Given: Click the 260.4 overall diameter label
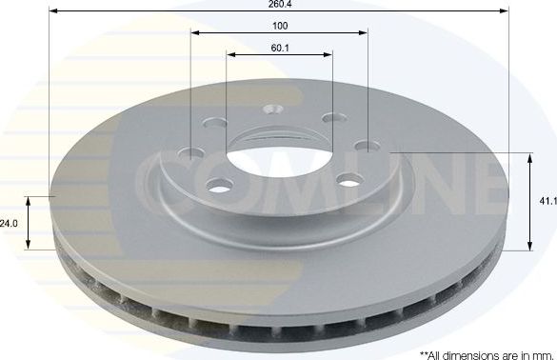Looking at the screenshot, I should tap(278, 4).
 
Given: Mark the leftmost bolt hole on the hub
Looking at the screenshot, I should tap(192, 153).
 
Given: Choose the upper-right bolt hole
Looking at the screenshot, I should tap(331, 118).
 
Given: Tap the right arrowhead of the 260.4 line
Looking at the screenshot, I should tap(507, 10).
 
